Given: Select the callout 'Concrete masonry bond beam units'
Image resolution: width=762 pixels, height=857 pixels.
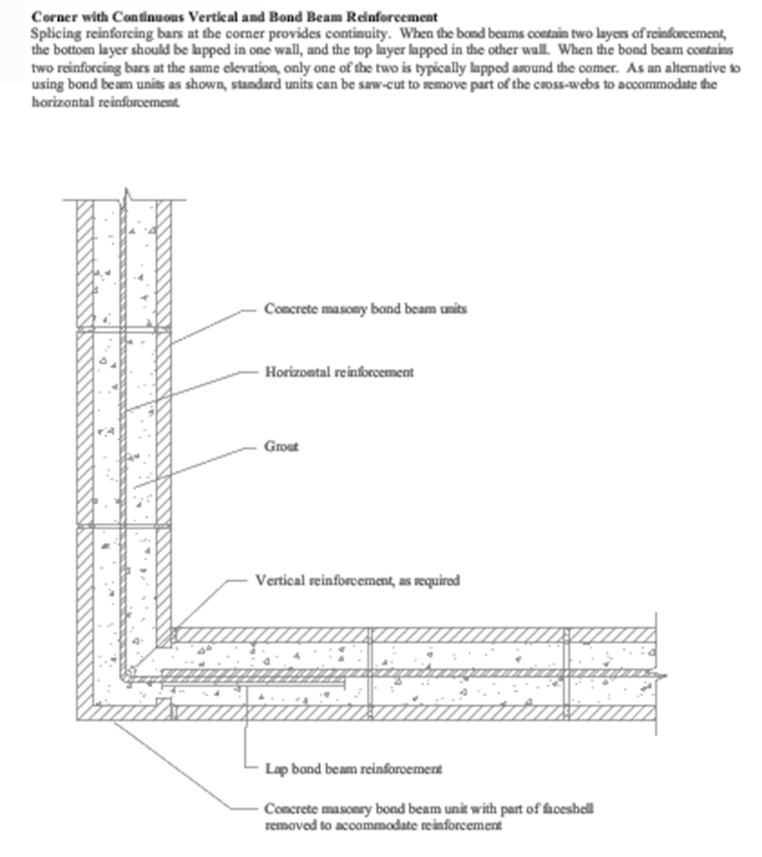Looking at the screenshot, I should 365,309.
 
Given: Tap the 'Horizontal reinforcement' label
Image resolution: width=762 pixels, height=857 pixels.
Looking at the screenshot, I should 339,372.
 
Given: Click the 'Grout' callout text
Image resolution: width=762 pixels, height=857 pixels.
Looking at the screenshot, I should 281,446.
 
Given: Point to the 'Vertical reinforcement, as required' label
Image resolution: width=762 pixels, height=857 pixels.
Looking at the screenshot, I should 357,580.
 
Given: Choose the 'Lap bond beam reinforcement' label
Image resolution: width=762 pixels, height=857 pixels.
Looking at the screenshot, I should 353,769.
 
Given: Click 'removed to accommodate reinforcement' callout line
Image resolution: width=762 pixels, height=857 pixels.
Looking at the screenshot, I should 383,825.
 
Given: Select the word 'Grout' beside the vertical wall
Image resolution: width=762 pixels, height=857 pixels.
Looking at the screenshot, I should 281,446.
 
